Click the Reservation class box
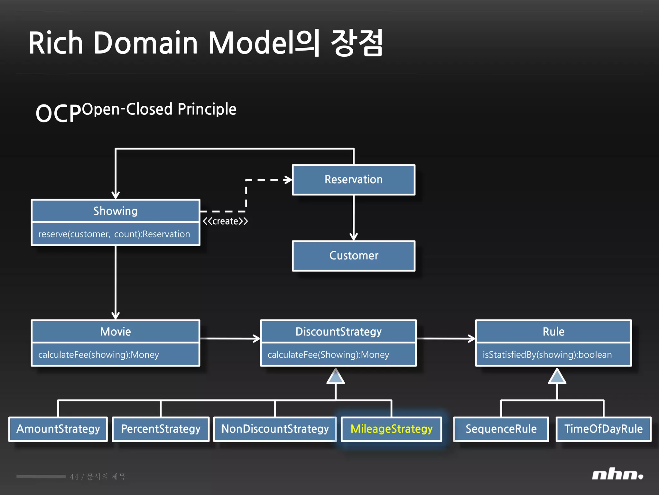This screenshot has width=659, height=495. pos(353,180)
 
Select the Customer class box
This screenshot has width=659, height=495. pos(353,256)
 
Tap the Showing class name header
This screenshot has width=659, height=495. pos(115,211)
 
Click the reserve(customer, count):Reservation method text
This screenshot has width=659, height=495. pos(114,234)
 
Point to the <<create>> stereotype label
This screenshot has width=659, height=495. pos(225,221)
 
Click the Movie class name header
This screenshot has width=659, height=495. pos(115,332)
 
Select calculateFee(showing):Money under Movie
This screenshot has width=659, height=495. pos(98,354)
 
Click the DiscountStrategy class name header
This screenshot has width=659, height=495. pos(338,332)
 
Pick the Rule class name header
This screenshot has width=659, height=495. pos(553,332)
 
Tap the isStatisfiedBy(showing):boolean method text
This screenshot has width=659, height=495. pos(547,354)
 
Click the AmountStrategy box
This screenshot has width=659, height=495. pos(58,429)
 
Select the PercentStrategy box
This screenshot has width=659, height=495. pos(161,429)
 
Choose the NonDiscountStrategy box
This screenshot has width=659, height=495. pos(275,429)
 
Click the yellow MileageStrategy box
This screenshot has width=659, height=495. pos(391,429)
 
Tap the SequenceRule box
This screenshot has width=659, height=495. pos(501,429)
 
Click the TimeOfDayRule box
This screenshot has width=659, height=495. pos(603,429)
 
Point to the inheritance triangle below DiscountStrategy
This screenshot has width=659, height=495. pos(336,377)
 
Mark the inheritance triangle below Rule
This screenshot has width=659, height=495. pos(557,377)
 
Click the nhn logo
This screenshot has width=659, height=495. pos(617,475)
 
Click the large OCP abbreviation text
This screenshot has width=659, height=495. pos(58,113)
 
